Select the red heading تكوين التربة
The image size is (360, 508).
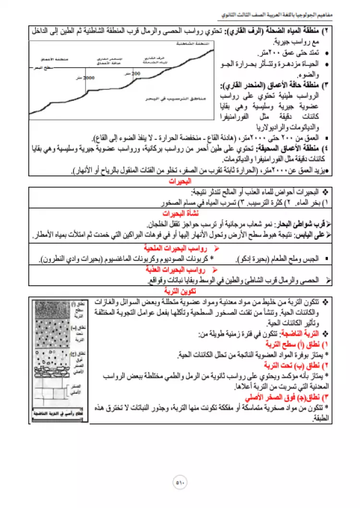click(180, 291)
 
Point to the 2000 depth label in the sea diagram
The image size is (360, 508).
click(90, 77)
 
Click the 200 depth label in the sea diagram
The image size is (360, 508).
click(136, 73)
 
